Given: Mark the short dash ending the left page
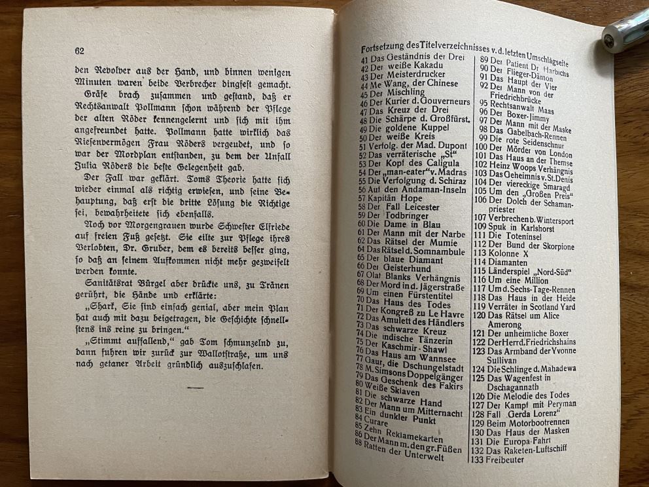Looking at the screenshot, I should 194,388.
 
